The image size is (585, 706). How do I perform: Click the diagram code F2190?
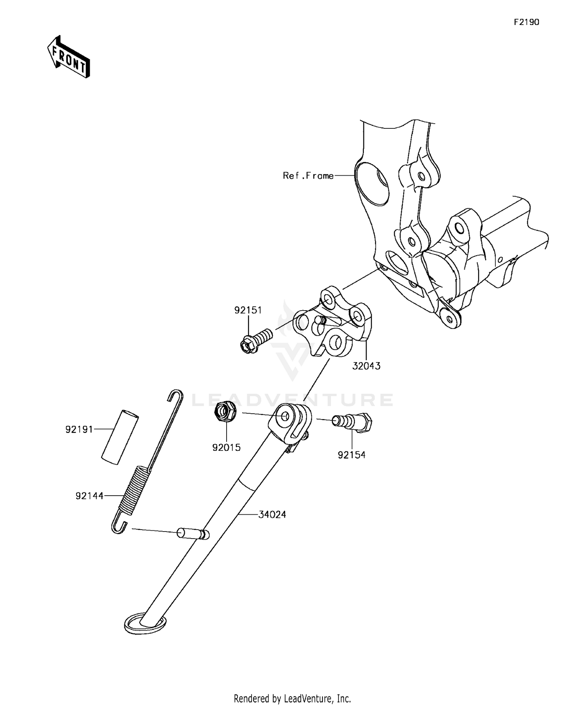pos(526,22)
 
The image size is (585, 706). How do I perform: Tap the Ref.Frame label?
pos(308,176)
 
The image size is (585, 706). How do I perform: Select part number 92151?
pos(248,310)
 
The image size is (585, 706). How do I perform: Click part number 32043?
pos(367,366)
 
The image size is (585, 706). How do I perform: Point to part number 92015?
pos(227,448)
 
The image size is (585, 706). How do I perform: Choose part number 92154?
pos(352,455)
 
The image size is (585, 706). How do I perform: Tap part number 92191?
pos(79,430)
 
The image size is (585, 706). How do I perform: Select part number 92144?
pos(90,496)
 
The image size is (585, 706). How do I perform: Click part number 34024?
pos(272,515)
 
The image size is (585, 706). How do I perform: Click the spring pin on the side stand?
pos(193,533)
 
